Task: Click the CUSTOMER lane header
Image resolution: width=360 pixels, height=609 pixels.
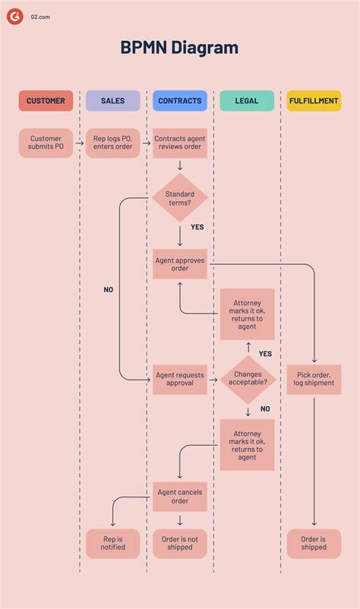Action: (46, 101)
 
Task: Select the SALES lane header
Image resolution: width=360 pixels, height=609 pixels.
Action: (112, 101)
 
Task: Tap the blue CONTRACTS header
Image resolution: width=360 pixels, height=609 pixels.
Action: (180, 101)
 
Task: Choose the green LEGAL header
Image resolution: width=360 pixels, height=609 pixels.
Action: (247, 101)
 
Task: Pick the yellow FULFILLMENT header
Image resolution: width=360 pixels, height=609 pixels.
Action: (314, 101)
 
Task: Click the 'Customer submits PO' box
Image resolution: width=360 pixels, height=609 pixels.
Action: (46, 143)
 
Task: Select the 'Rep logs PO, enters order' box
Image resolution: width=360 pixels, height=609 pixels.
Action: (112, 143)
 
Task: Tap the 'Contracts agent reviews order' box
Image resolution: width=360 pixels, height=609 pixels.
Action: (180, 143)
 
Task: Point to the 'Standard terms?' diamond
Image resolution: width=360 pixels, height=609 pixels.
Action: (180, 199)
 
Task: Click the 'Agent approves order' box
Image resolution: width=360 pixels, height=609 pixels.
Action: (180, 263)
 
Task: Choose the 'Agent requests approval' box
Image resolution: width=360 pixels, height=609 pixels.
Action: (180, 379)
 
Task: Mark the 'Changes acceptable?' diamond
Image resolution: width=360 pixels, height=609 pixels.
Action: (248, 379)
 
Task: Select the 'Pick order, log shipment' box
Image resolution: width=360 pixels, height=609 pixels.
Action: (314, 379)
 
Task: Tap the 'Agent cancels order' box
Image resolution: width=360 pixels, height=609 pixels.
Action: (180, 497)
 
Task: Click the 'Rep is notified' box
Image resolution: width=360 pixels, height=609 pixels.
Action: (112, 544)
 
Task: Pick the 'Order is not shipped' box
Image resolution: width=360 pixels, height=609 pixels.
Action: (180, 544)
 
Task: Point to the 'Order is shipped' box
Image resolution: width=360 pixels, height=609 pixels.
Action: (314, 544)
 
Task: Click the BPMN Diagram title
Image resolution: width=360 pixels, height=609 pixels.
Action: (180, 48)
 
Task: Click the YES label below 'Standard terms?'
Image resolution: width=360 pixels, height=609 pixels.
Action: (197, 227)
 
